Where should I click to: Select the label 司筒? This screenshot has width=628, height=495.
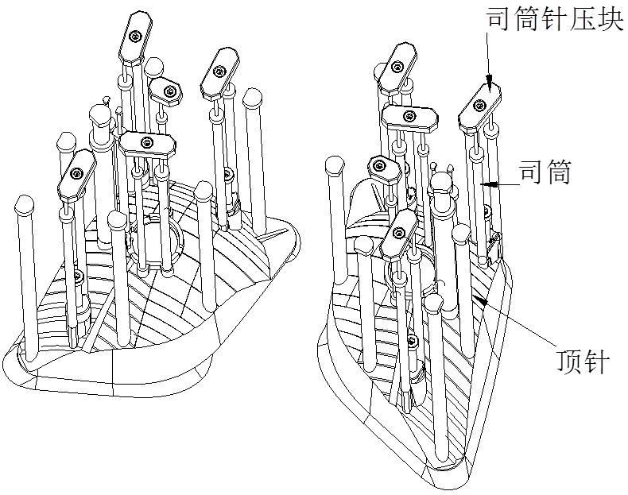pos(545,172)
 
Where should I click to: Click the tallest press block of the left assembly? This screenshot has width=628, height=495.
pos(135,37)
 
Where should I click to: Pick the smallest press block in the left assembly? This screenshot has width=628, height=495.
pos(166,91)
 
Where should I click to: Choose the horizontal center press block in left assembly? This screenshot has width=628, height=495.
pos(148,143)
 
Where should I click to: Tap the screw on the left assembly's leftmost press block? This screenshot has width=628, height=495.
pos(77,173)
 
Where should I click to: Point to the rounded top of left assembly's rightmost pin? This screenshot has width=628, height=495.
pos(253,99)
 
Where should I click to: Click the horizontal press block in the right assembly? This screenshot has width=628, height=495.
pos(411,118)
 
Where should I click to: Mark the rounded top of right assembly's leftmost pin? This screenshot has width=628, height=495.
pos(335,165)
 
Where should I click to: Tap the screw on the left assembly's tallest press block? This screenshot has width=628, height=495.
pos(138,36)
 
